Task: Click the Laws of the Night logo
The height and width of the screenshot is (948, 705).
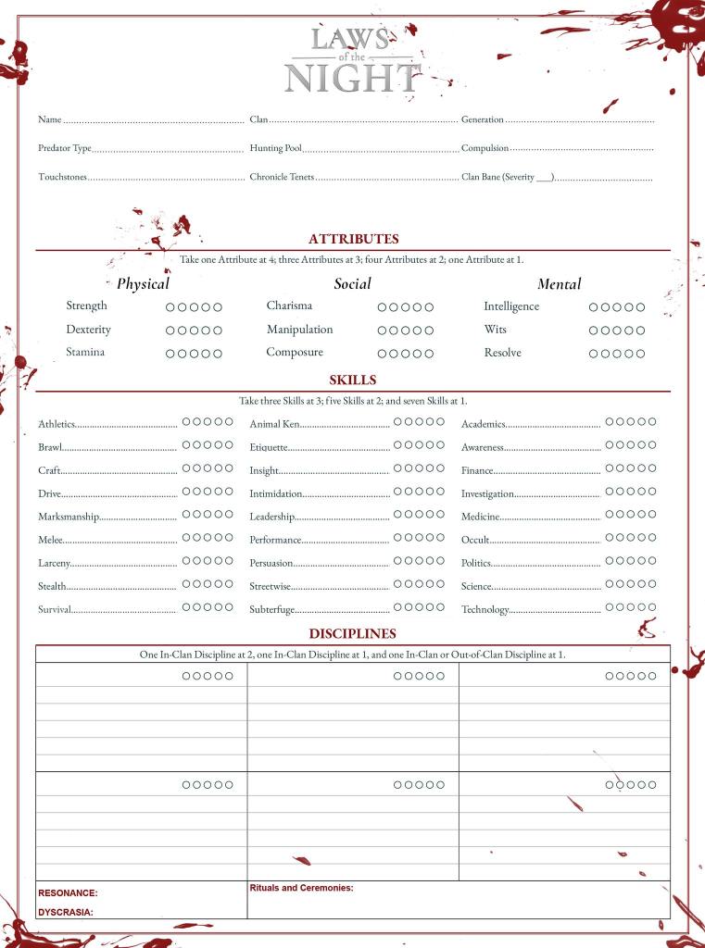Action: click(353, 60)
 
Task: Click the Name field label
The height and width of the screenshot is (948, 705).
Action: click(49, 119)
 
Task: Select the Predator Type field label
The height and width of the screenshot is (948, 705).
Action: click(65, 148)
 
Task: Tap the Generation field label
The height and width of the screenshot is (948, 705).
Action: click(483, 119)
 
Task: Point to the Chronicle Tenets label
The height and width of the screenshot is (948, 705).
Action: click(282, 177)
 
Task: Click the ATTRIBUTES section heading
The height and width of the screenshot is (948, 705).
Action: click(353, 239)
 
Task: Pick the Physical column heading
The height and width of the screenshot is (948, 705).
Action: click(143, 284)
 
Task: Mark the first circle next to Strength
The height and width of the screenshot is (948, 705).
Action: click(170, 307)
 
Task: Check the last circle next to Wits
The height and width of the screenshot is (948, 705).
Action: click(640, 331)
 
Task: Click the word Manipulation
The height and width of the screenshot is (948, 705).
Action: click(299, 330)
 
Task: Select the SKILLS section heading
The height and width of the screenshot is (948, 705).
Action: click(353, 380)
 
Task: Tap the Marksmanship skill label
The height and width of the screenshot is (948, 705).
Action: click(68, 517)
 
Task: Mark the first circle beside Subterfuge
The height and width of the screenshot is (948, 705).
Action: click(398, 607)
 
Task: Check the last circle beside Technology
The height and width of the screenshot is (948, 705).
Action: click(652, 607)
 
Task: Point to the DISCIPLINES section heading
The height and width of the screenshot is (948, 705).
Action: click(353, 634)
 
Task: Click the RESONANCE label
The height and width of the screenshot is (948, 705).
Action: click(68, 893)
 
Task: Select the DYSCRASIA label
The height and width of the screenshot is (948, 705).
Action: click(66, 912)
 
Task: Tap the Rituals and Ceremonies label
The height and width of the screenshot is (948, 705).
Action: click(301, 888)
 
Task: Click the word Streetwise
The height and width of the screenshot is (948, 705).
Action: click(270, 586)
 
